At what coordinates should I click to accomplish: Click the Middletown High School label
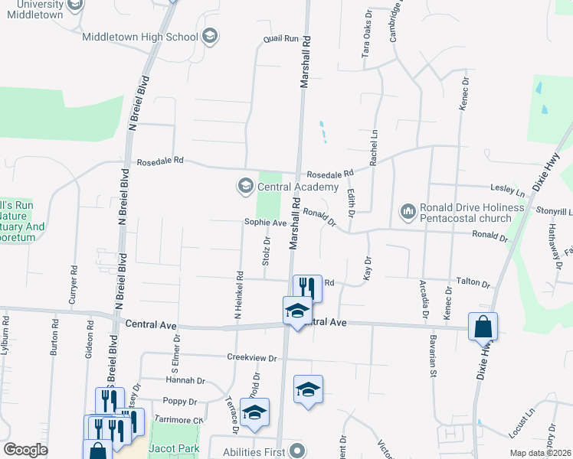pos(139,36)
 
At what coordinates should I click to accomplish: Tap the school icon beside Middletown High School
pos(211,35)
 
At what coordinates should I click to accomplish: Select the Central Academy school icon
pos(245,186)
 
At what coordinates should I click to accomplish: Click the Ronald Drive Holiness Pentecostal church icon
pos(408,210)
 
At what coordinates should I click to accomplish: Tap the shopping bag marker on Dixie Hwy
pos(483,327)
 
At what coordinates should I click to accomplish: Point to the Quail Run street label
pos(280,38)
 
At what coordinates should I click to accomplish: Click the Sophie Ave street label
pos(264,223)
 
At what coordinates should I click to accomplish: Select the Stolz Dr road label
pos(267,250)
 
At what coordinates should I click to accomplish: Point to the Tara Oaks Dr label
pos(365,38)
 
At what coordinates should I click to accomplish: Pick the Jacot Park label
pos(167,448)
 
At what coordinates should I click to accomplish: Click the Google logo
pos(25,450)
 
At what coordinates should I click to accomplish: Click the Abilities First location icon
pos(298,451)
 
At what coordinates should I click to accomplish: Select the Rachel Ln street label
pos(373,148)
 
